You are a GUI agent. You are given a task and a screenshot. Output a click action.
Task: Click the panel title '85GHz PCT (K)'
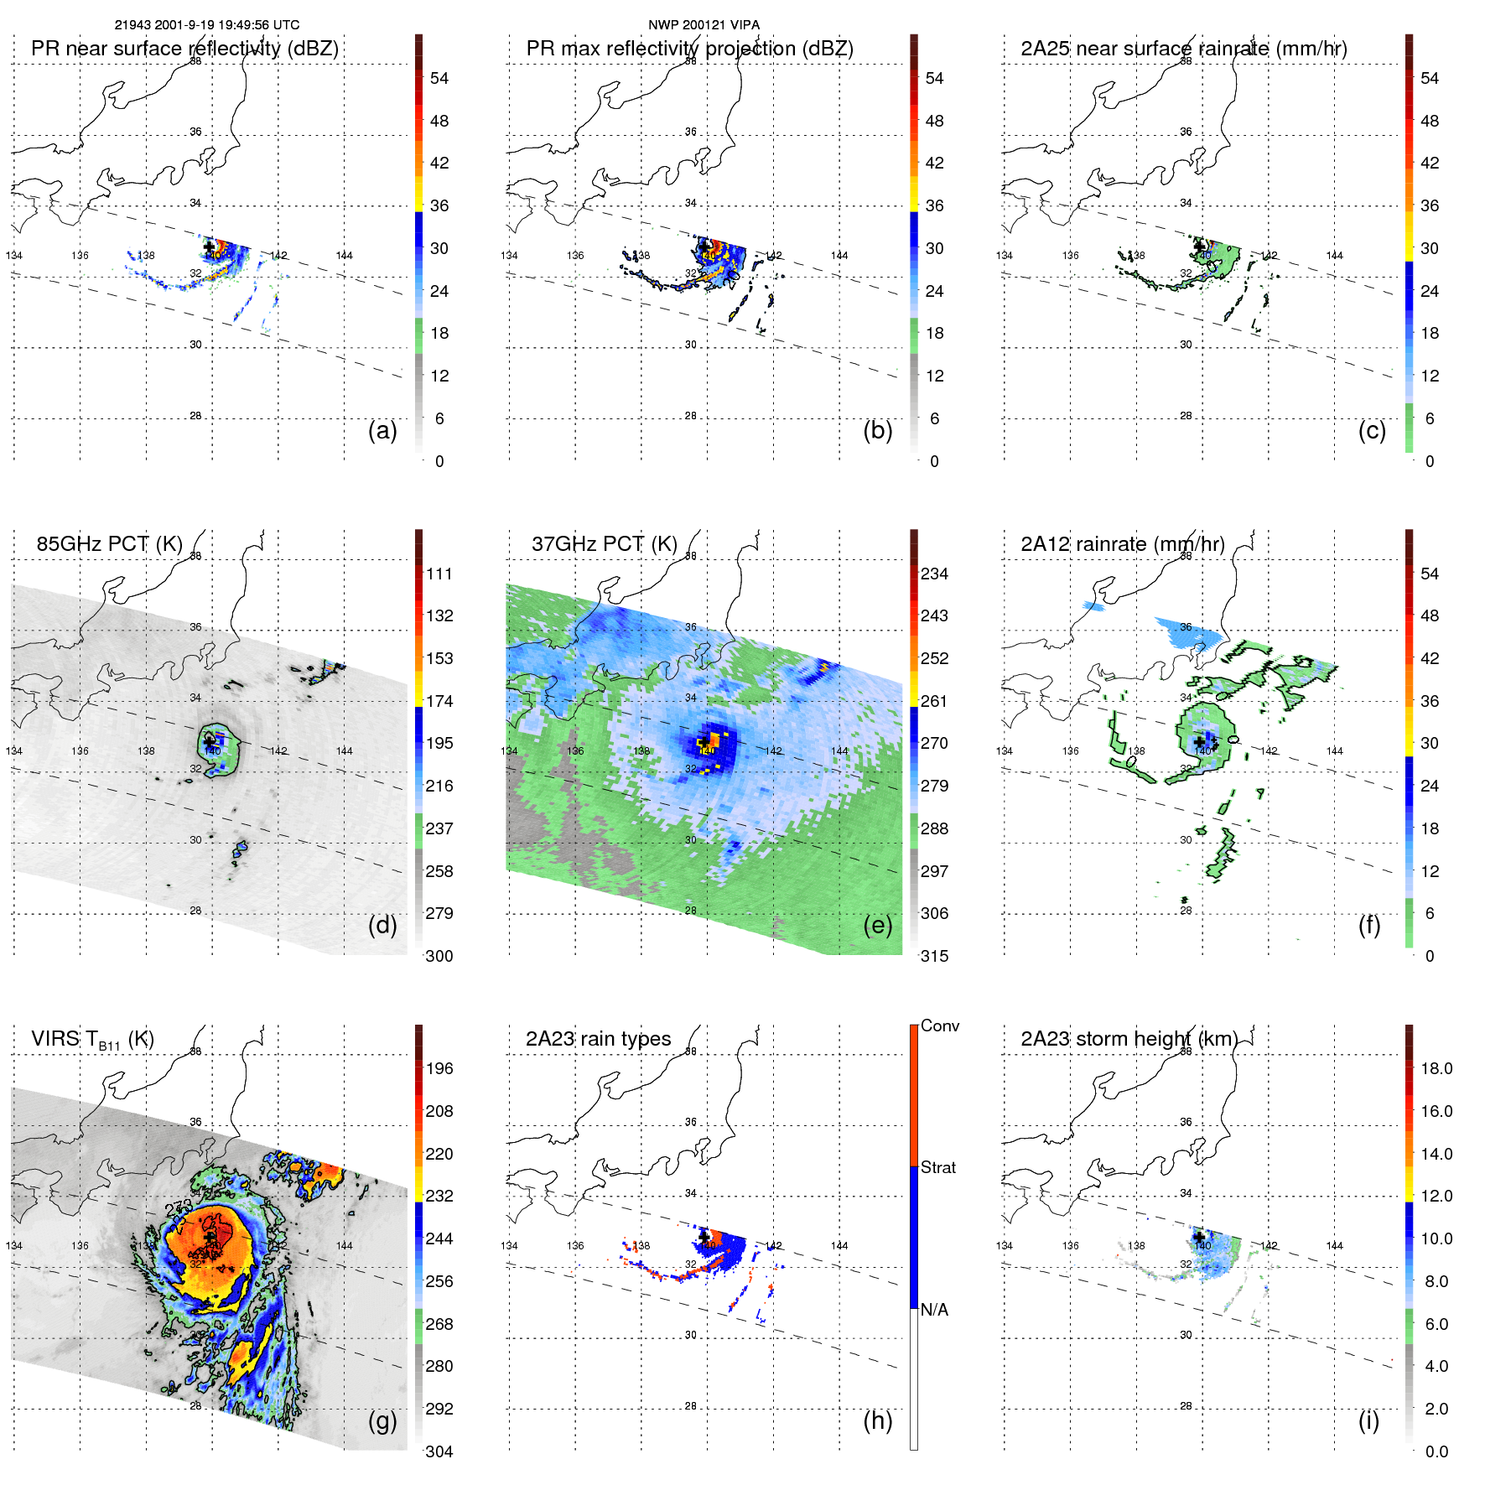[x=109, y=543]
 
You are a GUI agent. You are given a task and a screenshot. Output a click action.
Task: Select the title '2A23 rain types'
[x=598, y=1039]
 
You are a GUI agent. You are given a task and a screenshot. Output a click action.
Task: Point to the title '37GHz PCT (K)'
[x=604, y=543]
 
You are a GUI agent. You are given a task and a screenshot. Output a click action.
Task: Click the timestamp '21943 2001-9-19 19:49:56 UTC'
[x=206, y=25]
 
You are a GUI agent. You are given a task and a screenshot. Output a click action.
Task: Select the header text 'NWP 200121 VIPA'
[x=704, y=25]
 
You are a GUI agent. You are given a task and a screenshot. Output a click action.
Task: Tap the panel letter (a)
[x=382, y=430]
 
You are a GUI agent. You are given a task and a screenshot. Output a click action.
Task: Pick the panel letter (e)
[x=877, y=925]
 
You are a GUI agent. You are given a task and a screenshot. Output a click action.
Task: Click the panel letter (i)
[x=1368, y=1420]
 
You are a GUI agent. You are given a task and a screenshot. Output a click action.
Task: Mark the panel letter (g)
[x=382, y=1420]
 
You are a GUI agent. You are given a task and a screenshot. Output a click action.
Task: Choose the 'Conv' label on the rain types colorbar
[x=939, y=1025]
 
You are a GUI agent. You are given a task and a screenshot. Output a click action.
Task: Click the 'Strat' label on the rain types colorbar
[x=937, y=1167]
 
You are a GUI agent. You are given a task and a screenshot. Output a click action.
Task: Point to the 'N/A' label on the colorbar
[x=934, y=1310]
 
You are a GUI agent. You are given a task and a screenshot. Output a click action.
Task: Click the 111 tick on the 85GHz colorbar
[x=439, y=574]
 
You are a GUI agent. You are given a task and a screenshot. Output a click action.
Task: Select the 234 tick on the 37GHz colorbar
[x=934, y=574]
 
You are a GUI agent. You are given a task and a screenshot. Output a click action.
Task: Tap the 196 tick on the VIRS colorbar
[x=439, y=1068]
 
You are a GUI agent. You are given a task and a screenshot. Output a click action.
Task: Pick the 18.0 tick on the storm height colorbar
[x=1436, y=1068]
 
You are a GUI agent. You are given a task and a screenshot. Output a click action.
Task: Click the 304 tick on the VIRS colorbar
[x=439, y=1451]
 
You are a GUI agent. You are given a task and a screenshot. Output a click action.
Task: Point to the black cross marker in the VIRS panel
[x=210, y=1238]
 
